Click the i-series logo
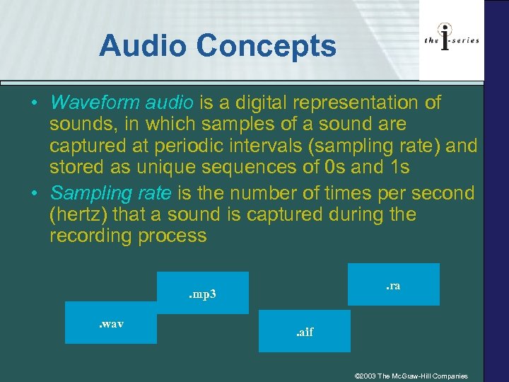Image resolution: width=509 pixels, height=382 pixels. pyautogui.click(x=452, y=40)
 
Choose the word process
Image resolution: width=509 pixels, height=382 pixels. pyautogui.click(x=174, y=236)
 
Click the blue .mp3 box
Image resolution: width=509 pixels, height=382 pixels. pyautogui.click(x=203, y=293)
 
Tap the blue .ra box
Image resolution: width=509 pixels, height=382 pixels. pyautogui.click(x=394, y=284)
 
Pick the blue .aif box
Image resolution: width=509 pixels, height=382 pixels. pyautogui.click(x=305, y=331)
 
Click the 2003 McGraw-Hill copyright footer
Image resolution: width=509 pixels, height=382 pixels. pyautogui.click(x=411, y=376)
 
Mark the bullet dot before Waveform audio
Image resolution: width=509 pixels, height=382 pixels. pyautogui.click(x=34, y=103)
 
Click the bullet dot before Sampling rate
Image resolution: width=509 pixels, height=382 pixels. pyautogui.click(x=34, y=192)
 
